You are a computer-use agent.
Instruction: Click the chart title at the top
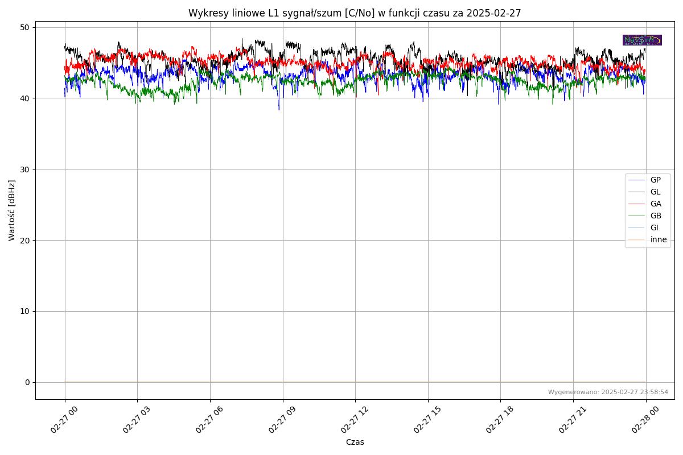(x=355, y=13)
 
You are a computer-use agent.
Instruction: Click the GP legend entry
(x=655, y=180)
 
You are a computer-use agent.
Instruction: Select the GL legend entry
(x=655, y=192)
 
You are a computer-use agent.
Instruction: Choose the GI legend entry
(x=654, y=227)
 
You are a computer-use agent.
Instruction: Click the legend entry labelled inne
(x=658, y=239)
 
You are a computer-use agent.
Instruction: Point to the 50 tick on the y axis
(x=26, y=27)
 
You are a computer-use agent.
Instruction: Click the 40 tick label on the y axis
(x=26, y=98)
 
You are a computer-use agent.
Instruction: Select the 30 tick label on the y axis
(x=26, y=169)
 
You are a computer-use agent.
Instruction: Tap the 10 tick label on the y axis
(x=26, y=311)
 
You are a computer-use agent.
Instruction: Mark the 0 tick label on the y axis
(x=27, y=382)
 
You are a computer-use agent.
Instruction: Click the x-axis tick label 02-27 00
(x=62, y=420)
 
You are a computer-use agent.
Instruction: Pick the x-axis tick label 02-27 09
(x=280, y=420)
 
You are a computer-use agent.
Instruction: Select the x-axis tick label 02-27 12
(x=353, y=420)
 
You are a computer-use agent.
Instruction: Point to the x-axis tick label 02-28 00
(x=643, y=420)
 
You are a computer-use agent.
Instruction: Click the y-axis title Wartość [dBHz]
(x=12, y=210)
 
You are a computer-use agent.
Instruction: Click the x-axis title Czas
(x=355, y=442)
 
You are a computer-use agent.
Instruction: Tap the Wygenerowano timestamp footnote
(x=608, y=392)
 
